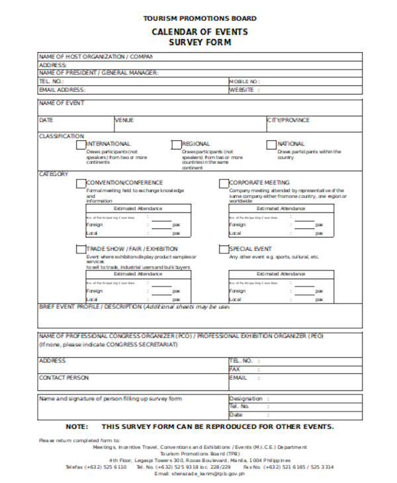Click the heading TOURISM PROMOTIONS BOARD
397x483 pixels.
(x=200, y=19)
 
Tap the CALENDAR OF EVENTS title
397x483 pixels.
(x=200, y=31)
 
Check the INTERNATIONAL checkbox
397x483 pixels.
(x=81, y=144)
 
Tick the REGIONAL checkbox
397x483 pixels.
(x=176, y=144)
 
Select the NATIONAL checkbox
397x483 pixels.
(x=271, y=144)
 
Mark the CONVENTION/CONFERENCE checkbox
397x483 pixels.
(x=81, y=183)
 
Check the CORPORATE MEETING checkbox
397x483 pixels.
(x=224, y=183)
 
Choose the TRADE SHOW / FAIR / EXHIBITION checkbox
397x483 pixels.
(x=81, y=249)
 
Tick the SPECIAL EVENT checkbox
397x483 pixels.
(x=224, y=249)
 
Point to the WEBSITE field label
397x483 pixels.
(x=242, y=89)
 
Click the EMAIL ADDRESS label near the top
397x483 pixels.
(x=63, y=89)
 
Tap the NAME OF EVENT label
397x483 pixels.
(x=60, y=103)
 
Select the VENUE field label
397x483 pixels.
(x=124, y=120)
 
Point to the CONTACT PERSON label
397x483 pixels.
(x=64, y=378)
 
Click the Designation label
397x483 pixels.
(x=246, y=399)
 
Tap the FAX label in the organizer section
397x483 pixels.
(x=235, y=369)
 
